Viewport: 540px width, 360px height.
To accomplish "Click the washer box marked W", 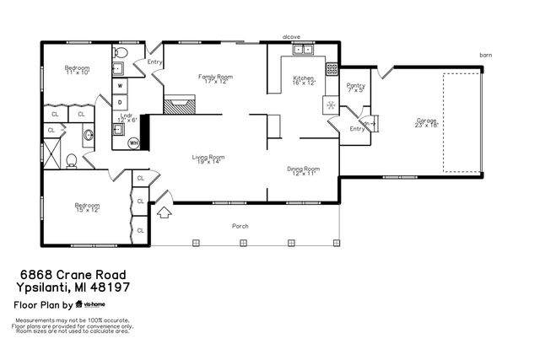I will coord(121,85).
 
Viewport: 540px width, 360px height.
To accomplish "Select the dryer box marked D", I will coord(121,101).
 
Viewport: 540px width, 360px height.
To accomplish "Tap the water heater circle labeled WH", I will coord(132,143).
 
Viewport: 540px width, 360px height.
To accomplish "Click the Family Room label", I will coord(214,78).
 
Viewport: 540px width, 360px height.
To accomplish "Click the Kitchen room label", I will coord(304,78).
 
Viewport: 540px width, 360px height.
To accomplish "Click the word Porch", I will coord(240,226).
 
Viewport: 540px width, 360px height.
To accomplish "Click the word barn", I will coord(485,55).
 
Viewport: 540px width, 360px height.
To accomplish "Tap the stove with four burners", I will coord(332,68).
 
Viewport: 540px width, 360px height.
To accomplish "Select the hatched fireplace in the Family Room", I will coord(178,105).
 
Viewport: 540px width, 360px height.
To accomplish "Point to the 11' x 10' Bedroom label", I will coord(78,70).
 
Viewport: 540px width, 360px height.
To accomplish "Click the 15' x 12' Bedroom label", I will coord(87,207).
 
